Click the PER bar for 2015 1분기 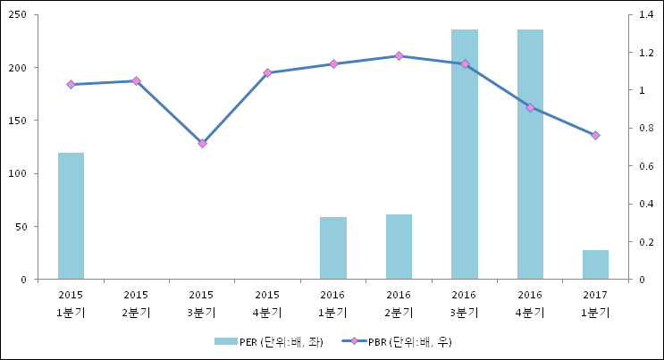71,216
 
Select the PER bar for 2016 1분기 333,248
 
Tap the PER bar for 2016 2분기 399,247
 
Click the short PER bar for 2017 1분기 595,264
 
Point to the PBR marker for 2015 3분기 202,143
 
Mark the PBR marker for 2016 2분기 399,56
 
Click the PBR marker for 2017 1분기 595,136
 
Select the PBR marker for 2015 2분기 136,81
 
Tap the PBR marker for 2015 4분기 267,72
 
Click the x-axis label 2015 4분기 267,303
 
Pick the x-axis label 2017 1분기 595,303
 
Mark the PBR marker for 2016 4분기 530,108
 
